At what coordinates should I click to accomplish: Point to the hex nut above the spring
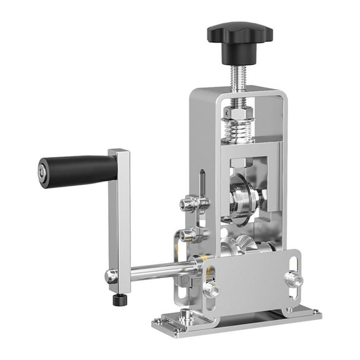point(237,114)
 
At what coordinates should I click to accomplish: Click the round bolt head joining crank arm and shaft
point(111,276)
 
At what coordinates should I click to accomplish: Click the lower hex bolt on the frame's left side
point(188,236)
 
